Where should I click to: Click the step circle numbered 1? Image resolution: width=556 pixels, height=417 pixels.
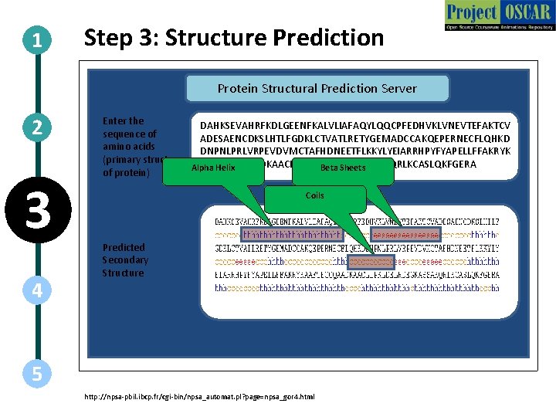coord(37,38)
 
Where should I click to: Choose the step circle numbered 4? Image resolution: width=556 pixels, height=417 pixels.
coord(37,291)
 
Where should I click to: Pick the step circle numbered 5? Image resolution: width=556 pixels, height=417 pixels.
coord(37,375)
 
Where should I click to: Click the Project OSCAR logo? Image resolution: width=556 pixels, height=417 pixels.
coord(499,15)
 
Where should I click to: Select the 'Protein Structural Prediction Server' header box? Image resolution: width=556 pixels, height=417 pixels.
coord(317,88)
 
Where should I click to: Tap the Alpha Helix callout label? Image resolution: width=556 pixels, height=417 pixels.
coord(213,168)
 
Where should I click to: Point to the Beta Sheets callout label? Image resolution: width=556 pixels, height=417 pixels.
coord(343,168)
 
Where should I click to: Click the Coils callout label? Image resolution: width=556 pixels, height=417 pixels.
coord(315,196)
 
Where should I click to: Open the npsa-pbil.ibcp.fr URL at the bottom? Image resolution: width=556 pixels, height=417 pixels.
coord(200,397)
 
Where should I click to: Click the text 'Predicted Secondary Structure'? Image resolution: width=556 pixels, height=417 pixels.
coord(124,260)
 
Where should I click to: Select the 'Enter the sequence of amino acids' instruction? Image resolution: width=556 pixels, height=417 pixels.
coord(131,147)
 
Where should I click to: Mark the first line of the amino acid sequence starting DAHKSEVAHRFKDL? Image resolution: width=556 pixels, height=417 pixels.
coord(355,125)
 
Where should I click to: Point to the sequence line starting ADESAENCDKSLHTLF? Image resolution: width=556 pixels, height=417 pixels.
coord(355,138)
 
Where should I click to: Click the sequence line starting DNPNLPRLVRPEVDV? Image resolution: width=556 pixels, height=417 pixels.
coord(355,151)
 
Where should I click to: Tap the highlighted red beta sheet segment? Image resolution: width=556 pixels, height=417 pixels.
coord(405,234)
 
